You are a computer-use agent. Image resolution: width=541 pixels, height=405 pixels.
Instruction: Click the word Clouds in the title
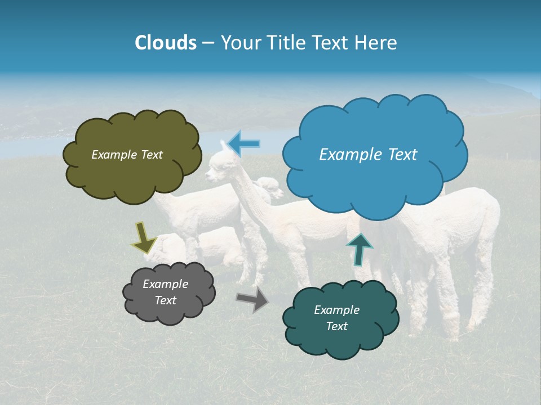point(166,43)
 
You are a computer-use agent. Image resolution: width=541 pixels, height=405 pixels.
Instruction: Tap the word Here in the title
point(375,43)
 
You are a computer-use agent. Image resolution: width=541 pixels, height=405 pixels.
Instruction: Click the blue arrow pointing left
point(243,143)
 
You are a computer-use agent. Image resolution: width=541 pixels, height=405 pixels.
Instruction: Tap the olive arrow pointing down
point(144,237)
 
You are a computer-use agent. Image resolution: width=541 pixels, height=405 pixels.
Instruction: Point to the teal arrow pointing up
point(360,249)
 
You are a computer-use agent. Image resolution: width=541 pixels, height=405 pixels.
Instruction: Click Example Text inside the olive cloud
point(127,155)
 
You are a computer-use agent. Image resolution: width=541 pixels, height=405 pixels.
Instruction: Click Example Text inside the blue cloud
point(368,155)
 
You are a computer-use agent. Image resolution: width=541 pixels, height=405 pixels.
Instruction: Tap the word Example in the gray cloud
point(165,284)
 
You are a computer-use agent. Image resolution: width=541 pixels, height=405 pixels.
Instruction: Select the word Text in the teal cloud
point(336,326)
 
